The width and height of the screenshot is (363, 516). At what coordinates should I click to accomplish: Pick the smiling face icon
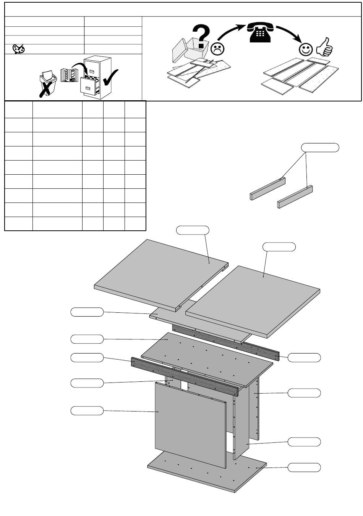click(306, 49)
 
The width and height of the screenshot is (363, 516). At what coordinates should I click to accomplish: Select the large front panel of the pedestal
click(190, 424)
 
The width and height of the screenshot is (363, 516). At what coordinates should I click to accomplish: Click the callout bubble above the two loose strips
click(320, 147)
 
